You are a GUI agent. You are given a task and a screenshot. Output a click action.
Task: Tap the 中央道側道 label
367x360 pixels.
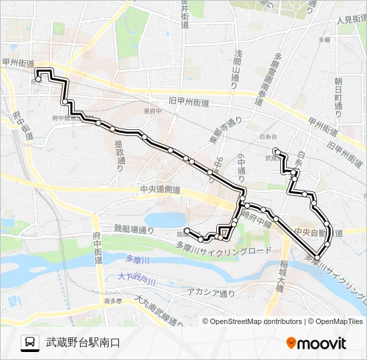tap(160, 189)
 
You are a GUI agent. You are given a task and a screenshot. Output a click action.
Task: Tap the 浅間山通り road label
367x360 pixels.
tap(237, 67)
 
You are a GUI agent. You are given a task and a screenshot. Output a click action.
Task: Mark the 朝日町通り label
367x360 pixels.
tap(338, 93)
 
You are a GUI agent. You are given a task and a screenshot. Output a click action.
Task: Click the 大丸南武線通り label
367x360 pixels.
tap(159, 312)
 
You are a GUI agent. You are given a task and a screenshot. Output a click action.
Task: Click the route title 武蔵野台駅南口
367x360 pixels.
tap(83, 343)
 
